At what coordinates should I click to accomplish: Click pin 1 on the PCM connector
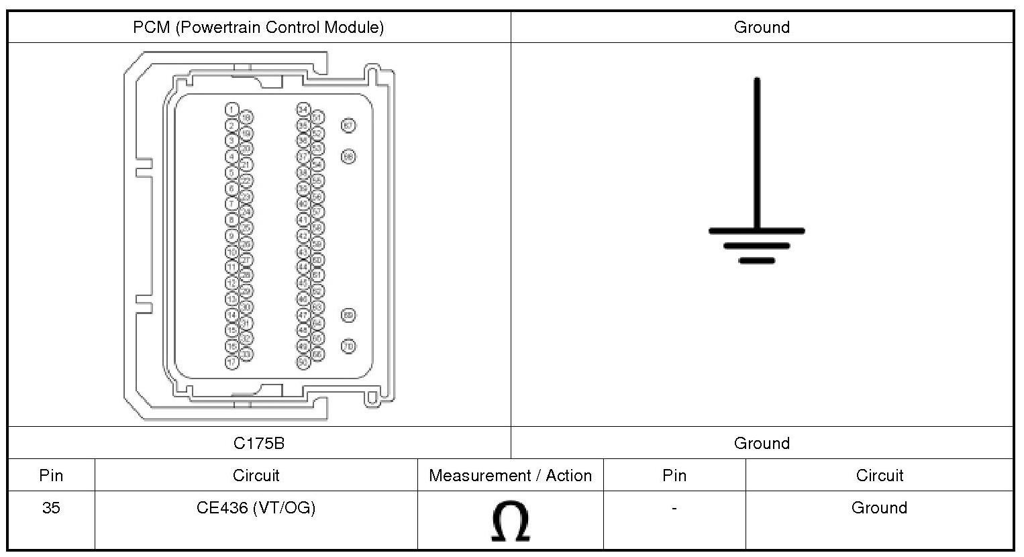pyautogui.click(x=232, y=109)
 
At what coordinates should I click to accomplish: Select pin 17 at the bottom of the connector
pyautogui.click(x=232, y=362)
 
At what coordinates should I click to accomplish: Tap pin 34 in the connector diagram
pyautogui.click(x=303, y=109)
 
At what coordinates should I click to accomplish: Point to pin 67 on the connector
pyautogui.click(x=348, y=125)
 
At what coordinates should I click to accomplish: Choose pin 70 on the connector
pyautogui.click(x=348, y=346)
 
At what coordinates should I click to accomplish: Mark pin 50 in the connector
pyautogui.click(x=303, y=362)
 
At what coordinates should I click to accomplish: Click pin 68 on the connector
pyautogui.click(x=348, y=156)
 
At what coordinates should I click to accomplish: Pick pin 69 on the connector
pyautogui.click(x=348, y=315)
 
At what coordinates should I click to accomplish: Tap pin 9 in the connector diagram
pyautogui.click(x=232, y=236)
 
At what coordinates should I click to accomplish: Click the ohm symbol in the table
pyautogui.click(x=510, y=521)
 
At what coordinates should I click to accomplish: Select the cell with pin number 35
pyautogui.click(x=51, y=508)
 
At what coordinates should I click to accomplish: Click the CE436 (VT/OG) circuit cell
pyautogui.click(x=256, y=508)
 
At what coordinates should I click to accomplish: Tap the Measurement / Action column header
pyautogui.click(x=510, y=476)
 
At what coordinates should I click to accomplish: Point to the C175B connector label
pyautogui.click(x=258, y=443)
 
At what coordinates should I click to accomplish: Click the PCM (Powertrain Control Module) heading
pyautogui.click(x=258, y=28)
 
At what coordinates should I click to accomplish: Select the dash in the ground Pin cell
pyautogui.click(x=674, y=508)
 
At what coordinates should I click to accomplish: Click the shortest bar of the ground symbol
pyautogui.click(x=757, y=260)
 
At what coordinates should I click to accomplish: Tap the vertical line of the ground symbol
pyautogui.click(x=757, y=154)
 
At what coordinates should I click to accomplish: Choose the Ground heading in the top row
pyautogui.click(x=762, y=28)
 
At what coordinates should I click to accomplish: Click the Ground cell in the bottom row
pyautogui.click(x=879, y=508)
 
